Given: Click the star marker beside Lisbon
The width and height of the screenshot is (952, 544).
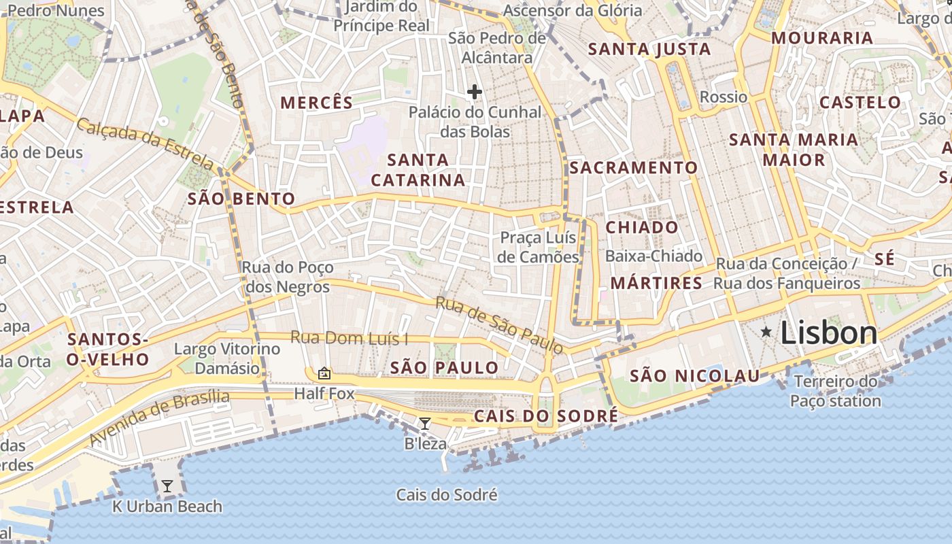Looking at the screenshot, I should (x=766, y=332).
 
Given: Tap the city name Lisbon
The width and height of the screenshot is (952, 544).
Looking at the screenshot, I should (x=829, y=333).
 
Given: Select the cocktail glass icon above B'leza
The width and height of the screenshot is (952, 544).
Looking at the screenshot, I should (x=425, y=424).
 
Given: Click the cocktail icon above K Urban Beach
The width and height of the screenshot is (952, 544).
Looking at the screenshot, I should (x=167, y=486).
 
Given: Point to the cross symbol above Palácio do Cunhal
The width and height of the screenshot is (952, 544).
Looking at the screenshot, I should (x=475, y=92).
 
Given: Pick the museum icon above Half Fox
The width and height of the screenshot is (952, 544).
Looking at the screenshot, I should (x=324, y=373).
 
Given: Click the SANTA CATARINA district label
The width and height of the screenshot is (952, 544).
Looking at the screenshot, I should (x=418, y=170).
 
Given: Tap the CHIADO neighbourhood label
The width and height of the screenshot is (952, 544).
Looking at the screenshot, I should (x=642, y=227).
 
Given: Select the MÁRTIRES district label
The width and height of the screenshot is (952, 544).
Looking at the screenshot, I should (x=656, y=283).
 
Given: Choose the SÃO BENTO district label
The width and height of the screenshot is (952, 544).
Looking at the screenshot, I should (x=241, y=199).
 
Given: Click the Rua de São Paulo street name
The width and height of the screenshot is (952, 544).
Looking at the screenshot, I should (x=500, y=325).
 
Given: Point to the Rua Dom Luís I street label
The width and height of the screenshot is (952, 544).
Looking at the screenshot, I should (x=350, y=337).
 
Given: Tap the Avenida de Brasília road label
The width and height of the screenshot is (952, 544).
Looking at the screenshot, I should (x=159, y=418).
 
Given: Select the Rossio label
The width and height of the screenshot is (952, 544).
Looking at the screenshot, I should (x=723, y=97).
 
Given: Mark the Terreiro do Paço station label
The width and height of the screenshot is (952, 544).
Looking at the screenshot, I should (x=836, y=391).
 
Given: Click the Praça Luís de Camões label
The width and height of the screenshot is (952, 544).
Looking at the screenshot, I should (x=538, y=247).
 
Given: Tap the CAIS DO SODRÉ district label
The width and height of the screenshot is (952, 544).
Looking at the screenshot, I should (x=546, y=415).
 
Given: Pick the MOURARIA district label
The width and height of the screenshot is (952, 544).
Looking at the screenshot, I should (x=821, y=37).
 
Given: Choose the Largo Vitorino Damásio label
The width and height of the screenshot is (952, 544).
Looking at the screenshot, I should (x=227, y=358).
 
